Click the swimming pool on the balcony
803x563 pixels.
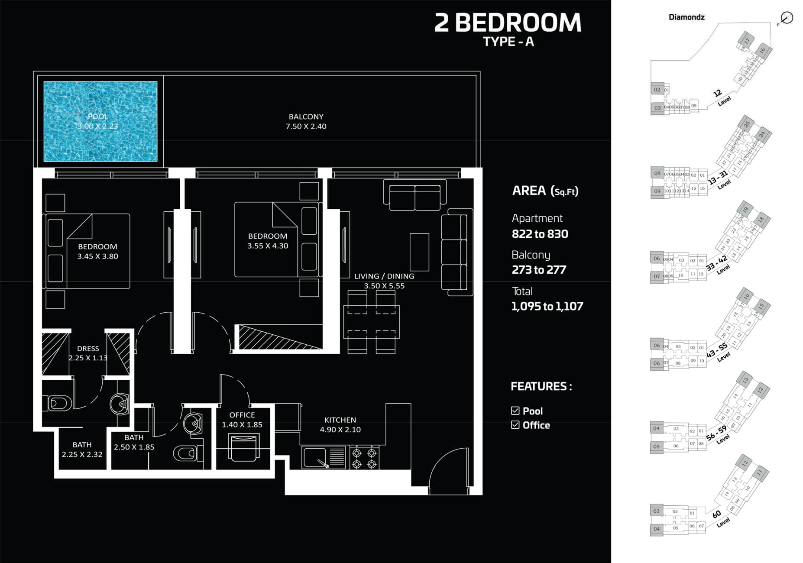(x=100, y=121)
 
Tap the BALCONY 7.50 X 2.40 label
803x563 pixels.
(x=306, y=122)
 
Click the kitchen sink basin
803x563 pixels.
(x=315, y=457)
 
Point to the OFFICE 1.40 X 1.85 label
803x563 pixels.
(x=242, y=420)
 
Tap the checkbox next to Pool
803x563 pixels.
(x=515, y=411)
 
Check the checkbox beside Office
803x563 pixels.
(x=515, y=425)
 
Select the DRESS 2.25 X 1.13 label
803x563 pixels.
(x=88, y=353)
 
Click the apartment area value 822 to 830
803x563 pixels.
(x=540, y=234)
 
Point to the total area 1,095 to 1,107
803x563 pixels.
(x=547, y=307)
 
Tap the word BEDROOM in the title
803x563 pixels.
(x=518, y=23)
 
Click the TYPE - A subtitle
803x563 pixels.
(x=508, y=42)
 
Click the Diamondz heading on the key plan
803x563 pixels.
(x=686, y=17)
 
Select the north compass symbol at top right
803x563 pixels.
(x=786, y=18)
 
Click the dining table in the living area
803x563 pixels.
(x=372, y=322)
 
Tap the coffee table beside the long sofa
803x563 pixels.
(x=419, y=252)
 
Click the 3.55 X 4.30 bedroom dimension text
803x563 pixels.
(x=268, y=246)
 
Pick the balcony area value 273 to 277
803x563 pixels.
(x=539, y=270)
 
